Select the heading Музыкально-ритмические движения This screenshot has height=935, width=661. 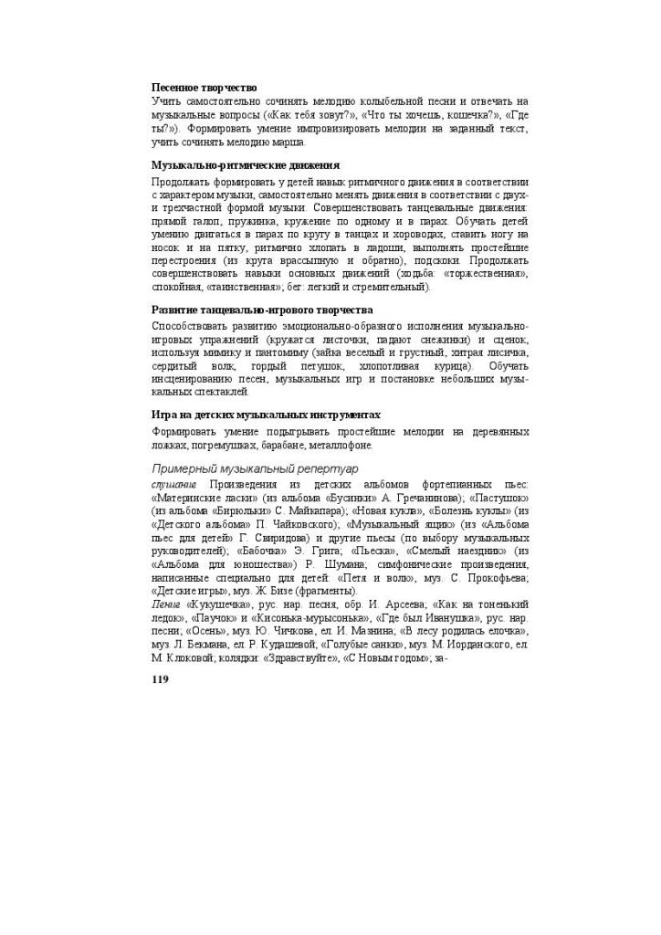245,165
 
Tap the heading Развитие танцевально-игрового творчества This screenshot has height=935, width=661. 262,310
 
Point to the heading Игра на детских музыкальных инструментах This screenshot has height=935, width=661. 265,415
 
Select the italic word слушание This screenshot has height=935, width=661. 173,483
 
